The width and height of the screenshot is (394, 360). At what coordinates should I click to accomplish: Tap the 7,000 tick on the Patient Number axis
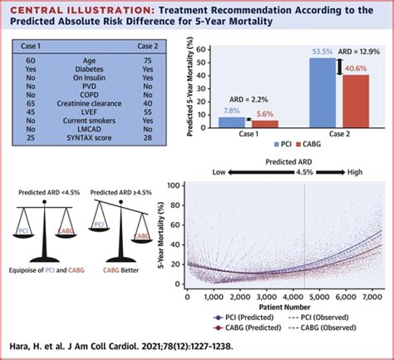pyautogui.click(x=363, y=296)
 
